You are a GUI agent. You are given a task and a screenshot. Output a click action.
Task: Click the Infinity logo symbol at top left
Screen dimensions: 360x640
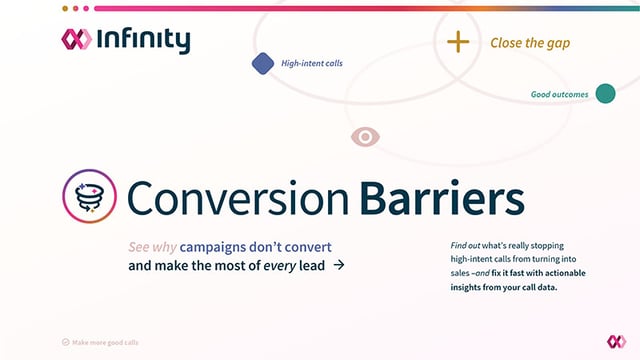(x=76, y=40)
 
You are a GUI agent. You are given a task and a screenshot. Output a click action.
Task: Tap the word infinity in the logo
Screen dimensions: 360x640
(x=143, y=40)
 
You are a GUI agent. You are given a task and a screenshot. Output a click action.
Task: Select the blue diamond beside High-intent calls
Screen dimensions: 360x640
(x=263, y=64)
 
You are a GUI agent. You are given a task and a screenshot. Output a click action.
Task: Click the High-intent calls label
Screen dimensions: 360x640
(x=312, y=64)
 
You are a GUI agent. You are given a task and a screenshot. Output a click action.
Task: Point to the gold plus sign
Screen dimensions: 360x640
(x=457, y=42)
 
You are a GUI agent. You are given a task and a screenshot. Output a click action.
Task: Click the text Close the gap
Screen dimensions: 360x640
(x=531, y=43)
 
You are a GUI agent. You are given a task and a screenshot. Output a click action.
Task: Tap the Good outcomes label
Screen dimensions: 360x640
(x=559, y=95)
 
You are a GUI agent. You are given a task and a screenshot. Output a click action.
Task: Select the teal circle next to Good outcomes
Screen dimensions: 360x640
(x=605, y=94)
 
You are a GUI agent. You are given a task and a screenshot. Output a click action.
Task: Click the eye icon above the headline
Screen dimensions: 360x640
(x=365, y=136)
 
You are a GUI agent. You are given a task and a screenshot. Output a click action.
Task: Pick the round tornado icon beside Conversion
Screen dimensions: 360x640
(x=87, y=195)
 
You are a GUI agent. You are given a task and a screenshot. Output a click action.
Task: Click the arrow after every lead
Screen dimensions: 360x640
(x=339, y=265)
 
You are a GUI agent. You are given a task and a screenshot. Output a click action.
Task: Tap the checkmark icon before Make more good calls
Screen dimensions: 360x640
(x=66, y=342)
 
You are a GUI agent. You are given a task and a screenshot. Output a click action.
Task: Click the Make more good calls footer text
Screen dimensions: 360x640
(x=106, y=342)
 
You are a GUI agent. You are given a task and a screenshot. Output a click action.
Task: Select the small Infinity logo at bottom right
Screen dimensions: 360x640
(x=616, y=341)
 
